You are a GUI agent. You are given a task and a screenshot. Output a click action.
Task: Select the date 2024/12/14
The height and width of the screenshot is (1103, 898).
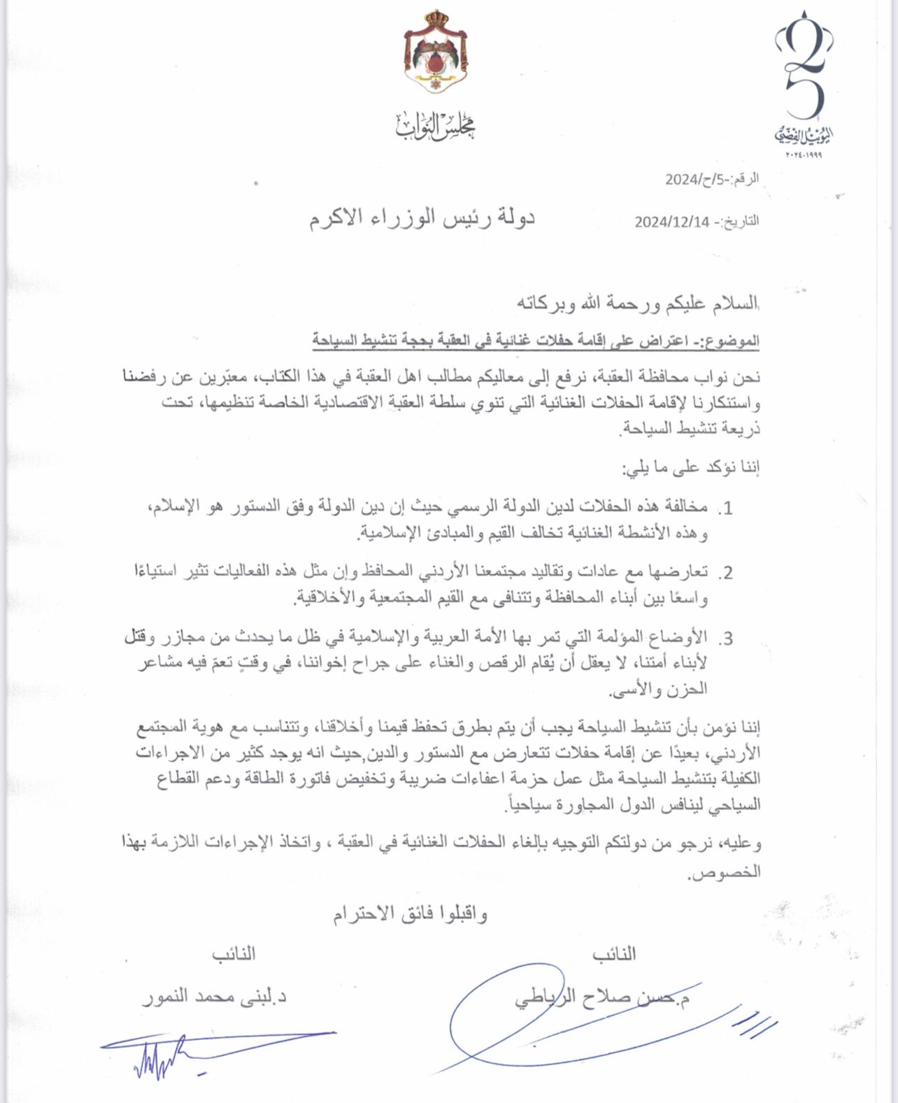pyautogui.click(x=672, y=222)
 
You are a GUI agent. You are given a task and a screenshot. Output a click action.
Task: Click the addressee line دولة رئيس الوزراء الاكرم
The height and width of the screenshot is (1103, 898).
pyautogui.click(x=422, y=218)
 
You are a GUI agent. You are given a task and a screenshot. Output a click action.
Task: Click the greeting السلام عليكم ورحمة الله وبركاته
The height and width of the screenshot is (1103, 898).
pyautogui.click(x=637, y=304)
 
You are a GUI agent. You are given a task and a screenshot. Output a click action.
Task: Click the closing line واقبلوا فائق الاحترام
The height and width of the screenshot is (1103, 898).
pyautogui.click(x=410, y=914)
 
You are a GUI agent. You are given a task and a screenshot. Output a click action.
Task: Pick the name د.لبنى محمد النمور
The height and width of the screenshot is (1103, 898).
pyautogui.click(x=214, y=996)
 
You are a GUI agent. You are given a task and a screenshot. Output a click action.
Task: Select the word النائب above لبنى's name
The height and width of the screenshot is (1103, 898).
pyautogui.click(x=234, y=954)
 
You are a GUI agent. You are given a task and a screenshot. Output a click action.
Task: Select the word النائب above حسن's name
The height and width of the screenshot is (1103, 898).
pyautogui.click(x=614, y=954)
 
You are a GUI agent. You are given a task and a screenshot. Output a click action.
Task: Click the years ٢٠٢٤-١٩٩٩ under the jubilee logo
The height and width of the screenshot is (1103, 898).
pyautogui.click(x=799, y=155)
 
